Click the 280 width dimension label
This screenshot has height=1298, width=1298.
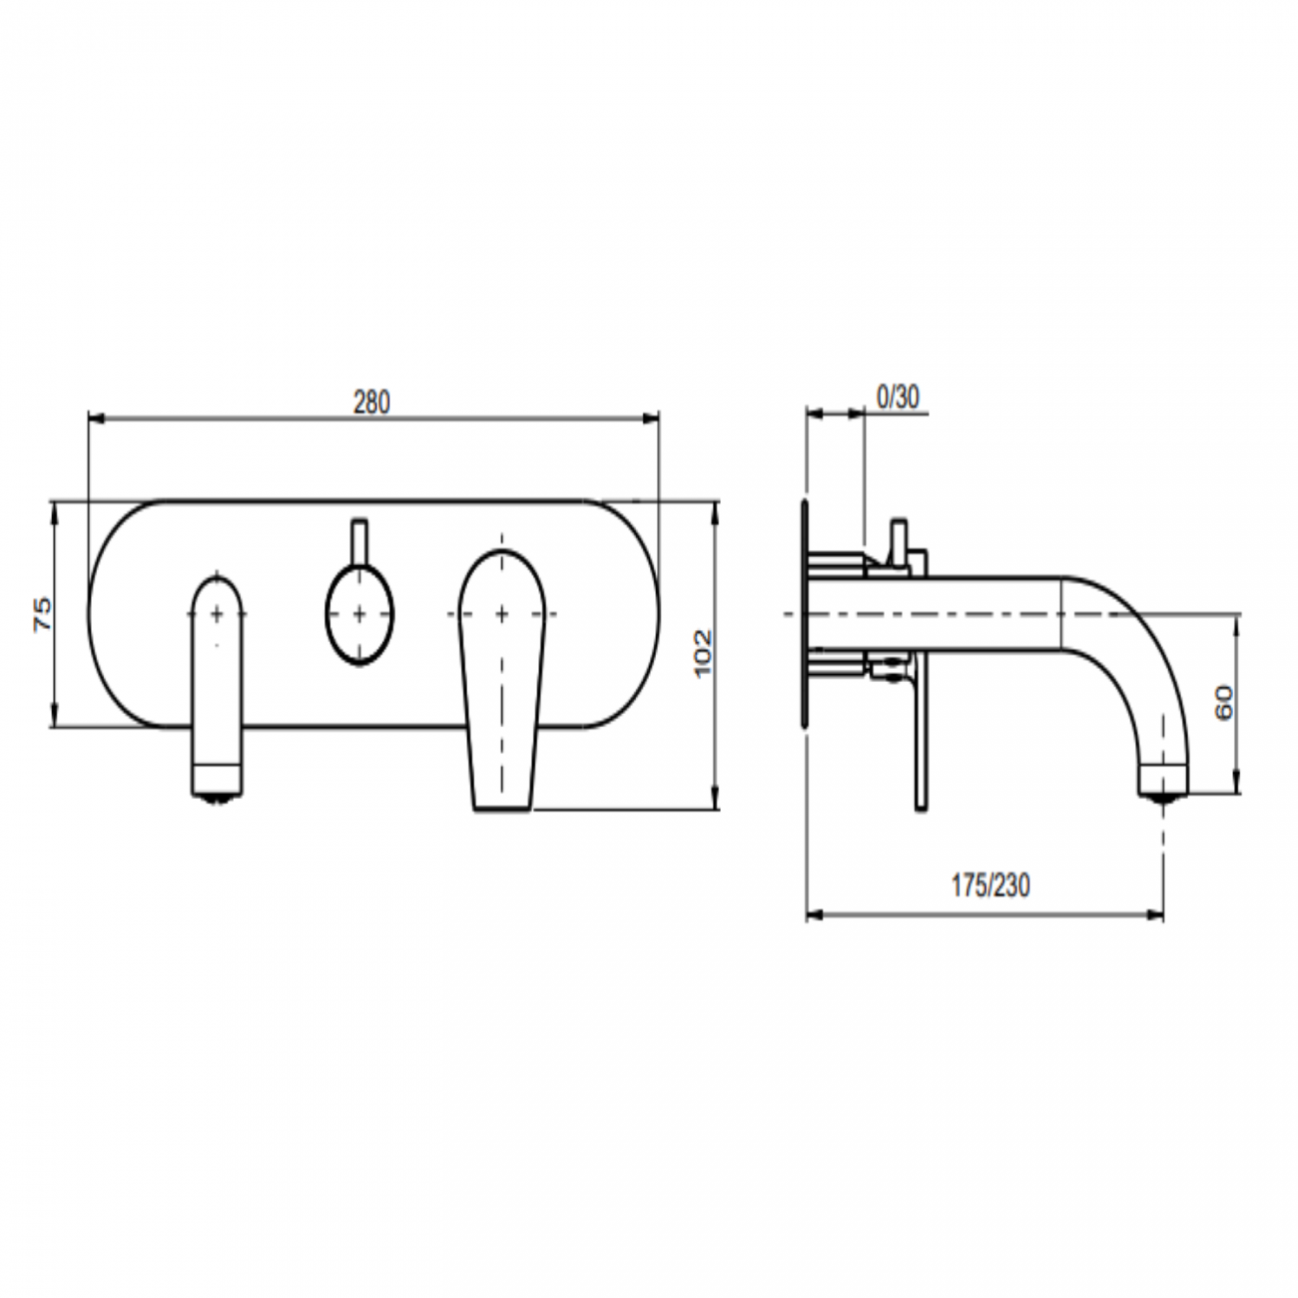pyautogui.click(x=371, y=402)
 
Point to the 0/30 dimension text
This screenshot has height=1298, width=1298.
pyautogui.click(x=897, y=397)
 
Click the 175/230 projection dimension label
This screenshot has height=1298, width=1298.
pyautogui.click(x=989, y=886)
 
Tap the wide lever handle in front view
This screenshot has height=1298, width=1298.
pyautogui.click(x=501, y=679)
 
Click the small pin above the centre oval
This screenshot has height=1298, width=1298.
pyautogui.click(x=359, y=539)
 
